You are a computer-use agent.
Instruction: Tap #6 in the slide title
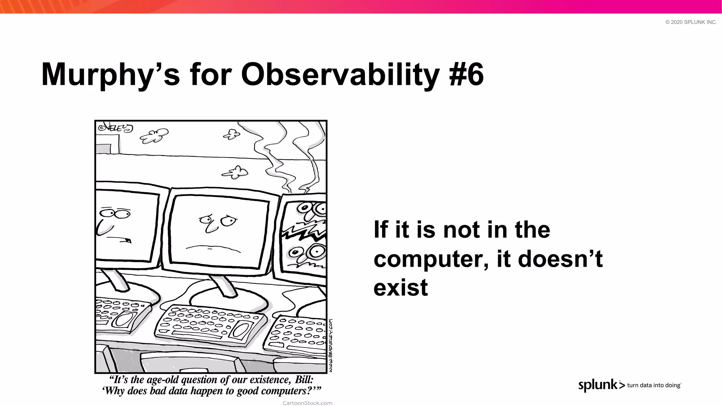(466, 75)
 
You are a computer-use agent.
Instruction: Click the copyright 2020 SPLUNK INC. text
(691, 22)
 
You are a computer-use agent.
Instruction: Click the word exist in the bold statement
(400, 288)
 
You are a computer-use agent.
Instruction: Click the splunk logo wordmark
(598, 385)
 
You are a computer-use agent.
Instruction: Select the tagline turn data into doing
(654, 385)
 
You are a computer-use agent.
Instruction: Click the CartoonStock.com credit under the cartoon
(307, 403)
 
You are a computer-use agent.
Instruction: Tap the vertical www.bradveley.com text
(330, 345)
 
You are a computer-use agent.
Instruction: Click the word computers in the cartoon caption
(282, 391)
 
